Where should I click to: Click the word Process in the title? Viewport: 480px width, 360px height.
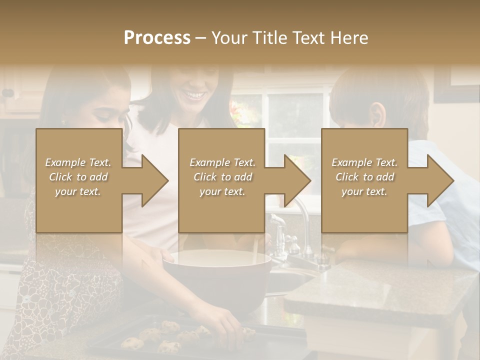pos(157,38)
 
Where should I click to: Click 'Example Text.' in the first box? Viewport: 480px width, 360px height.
pos(78,162)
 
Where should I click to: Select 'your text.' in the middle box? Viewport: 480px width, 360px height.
pos(222,191)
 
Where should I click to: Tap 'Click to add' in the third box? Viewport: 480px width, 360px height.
pos(364,177)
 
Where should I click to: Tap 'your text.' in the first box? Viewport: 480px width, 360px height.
pos(77,191)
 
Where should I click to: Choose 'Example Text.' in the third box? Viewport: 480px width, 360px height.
pos(364,162)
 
